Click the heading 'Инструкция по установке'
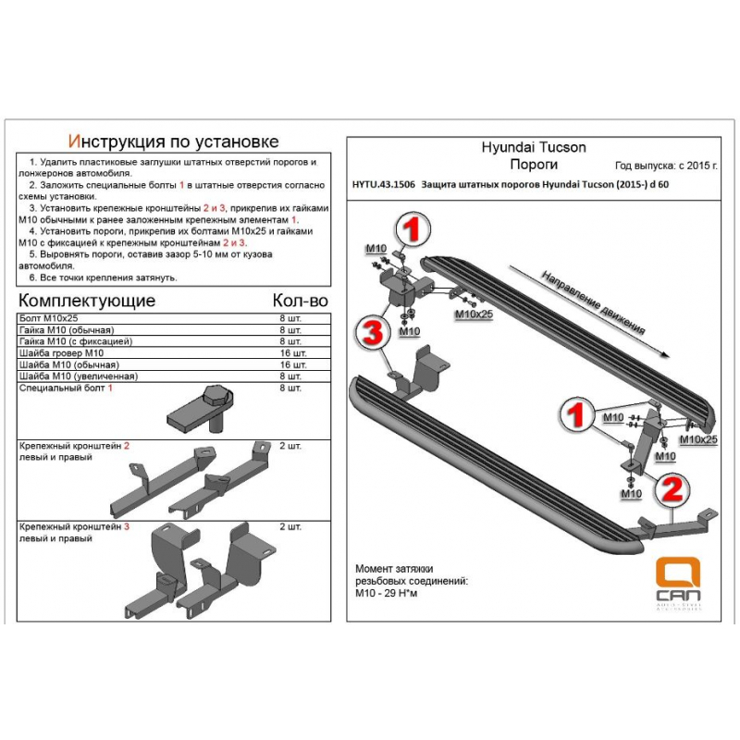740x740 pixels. click(174, 142)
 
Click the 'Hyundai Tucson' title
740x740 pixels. click(534, 147)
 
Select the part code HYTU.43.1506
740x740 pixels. click(383, 185)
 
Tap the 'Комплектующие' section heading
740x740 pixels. click(87, 302)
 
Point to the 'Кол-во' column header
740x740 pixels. click(301, 302)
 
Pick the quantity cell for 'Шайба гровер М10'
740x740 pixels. click(291, 353)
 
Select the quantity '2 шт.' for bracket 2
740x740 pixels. click(290, 446)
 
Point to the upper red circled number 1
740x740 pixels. click(413, 227)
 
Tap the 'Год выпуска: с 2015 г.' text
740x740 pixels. click(667, 166)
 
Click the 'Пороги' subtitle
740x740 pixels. click(534, 165)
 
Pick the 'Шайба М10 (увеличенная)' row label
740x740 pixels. click(78, 376)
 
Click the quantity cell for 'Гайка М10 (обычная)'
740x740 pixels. click(291, 330)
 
